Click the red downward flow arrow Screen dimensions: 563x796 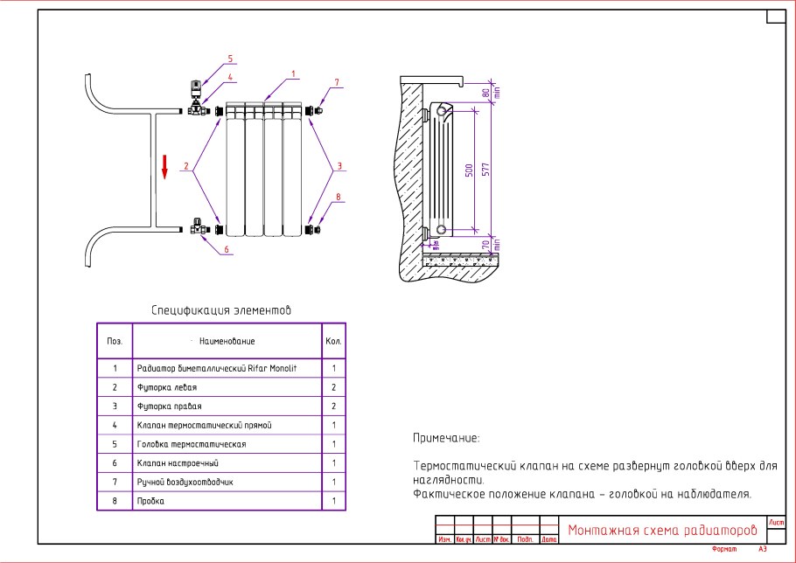[x=164, y=166]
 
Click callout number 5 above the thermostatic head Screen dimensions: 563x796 [x=231, y=59]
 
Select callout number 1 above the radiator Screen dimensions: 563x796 [x=294, y=73]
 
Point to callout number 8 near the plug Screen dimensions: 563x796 [x=337, y=197]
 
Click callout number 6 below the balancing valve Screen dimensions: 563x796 [x=227, y=249]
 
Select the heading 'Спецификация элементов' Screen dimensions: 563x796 [x=221, y=310]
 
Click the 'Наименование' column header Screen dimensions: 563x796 [x=227, y=341]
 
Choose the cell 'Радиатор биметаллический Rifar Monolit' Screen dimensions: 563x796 [x=217, y=369]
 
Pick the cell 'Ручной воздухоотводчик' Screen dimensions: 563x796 [x=185, y=482]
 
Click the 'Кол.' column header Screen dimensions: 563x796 [x=334, y=341]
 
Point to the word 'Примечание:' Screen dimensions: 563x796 [x=446, y=438]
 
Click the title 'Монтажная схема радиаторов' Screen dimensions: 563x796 [x=661, y=531]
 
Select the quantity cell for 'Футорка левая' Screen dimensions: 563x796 [x=334, y=386]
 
